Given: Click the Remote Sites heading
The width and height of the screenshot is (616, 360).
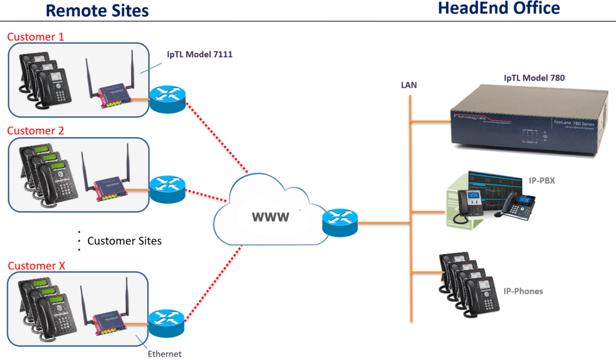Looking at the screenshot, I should (97, 10).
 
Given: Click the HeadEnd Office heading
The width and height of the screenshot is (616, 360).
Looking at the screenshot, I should (499, 8).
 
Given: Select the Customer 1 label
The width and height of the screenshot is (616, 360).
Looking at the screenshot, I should (35, 37).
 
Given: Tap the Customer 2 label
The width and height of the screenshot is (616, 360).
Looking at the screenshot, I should (35, 131).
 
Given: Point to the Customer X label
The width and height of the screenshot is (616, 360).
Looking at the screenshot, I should (36, 265).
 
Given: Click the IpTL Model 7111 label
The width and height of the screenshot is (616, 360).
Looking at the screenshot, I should (199, 55).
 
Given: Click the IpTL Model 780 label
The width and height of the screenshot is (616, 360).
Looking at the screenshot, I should (534, 78).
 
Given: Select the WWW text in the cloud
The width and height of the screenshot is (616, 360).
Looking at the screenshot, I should (269, 216).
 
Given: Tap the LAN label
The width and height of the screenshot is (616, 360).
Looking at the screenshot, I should (409, 85).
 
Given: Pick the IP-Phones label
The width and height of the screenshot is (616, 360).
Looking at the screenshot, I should (523, 291).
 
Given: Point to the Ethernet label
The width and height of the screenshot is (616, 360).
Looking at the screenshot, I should (164, 354).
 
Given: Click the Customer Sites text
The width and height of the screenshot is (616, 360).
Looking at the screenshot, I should (125, 241).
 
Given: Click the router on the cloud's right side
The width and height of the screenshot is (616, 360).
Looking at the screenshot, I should (339, 223).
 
